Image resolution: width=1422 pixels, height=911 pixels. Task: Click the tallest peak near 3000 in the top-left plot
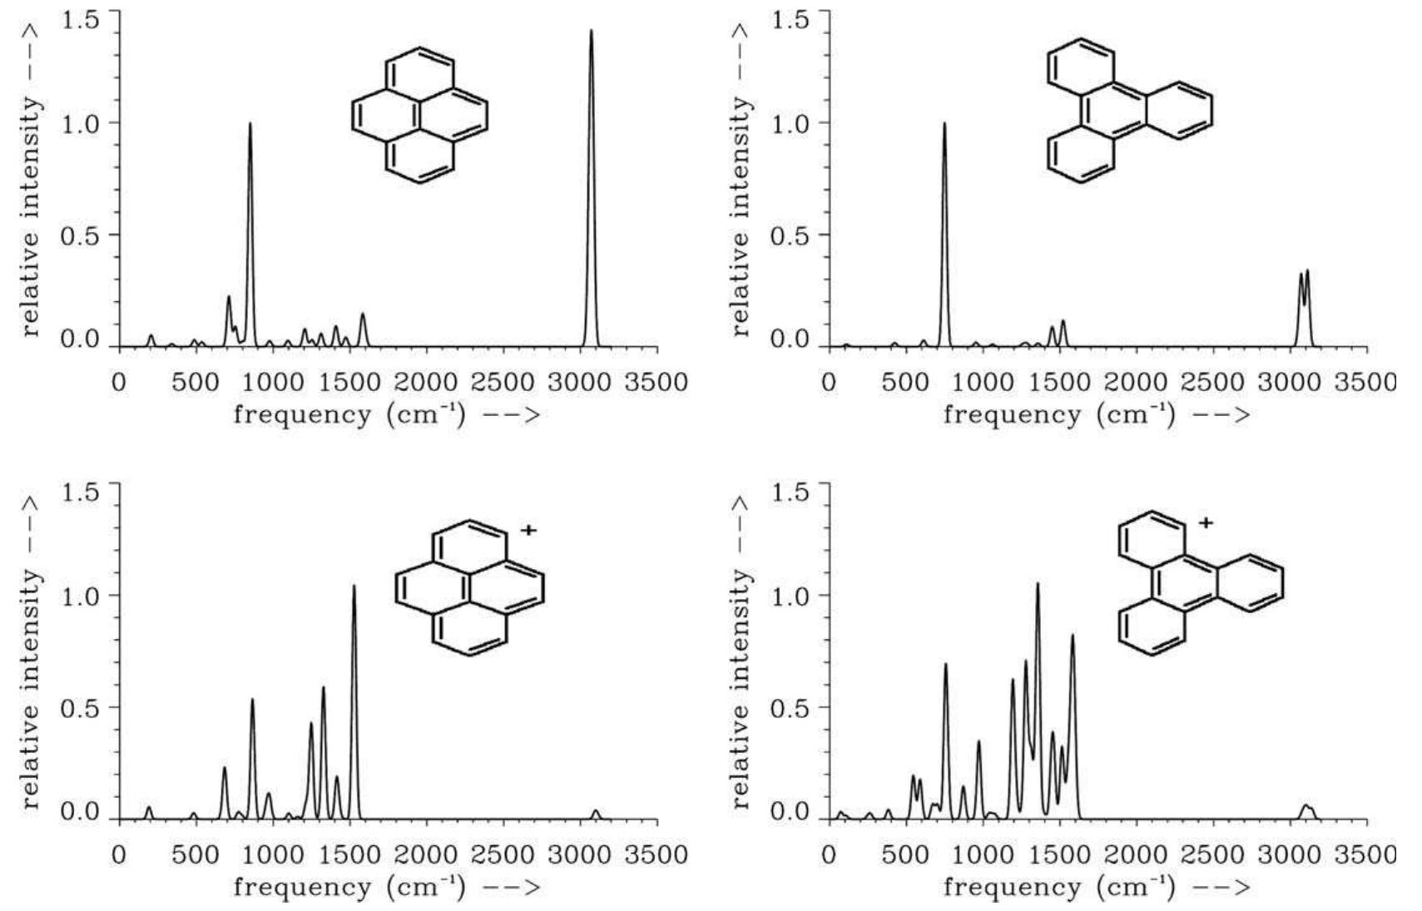(591, 33)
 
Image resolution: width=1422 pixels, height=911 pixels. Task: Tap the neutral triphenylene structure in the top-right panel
(1127, 109)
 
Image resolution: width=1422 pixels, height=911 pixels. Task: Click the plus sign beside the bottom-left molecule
(528, 530)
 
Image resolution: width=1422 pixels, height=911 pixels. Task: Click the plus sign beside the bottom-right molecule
(1206, 523)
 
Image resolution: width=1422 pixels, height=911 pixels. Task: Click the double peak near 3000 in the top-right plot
(1304, 275)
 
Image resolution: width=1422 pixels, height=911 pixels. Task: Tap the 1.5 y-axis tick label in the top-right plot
(790, 19)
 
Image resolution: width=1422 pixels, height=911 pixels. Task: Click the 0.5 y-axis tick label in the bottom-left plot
(80, 707)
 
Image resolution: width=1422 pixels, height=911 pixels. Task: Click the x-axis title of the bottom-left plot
(386, 887)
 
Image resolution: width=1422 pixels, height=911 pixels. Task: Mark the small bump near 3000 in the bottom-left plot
(595, 813)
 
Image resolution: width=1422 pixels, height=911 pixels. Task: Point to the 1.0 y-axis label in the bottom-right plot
(790, 596)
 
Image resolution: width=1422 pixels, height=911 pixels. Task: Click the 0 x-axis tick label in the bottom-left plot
(119, 855)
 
